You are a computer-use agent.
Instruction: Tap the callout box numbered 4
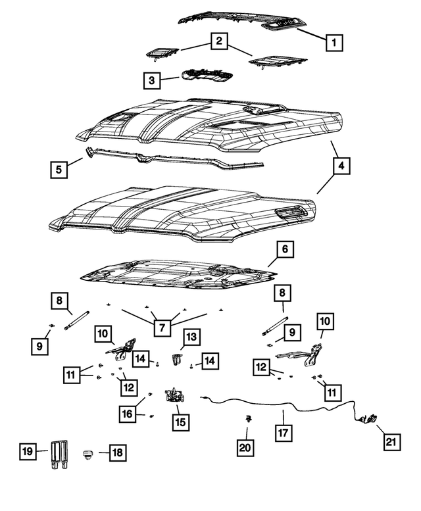(341, 167)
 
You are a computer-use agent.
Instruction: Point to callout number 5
(60, 170)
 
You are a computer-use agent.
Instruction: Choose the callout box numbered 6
(285, 250)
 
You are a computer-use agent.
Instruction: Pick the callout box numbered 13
(190, 337)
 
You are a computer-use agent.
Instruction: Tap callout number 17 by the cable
(282, 434)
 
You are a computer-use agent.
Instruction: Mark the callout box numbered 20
(247, 447)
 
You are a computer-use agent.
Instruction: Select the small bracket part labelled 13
(176, 360)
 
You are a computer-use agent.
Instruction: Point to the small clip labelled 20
(249, 419)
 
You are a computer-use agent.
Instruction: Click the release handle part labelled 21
(369, 418)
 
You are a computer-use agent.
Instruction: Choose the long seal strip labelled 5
(171, 160)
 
